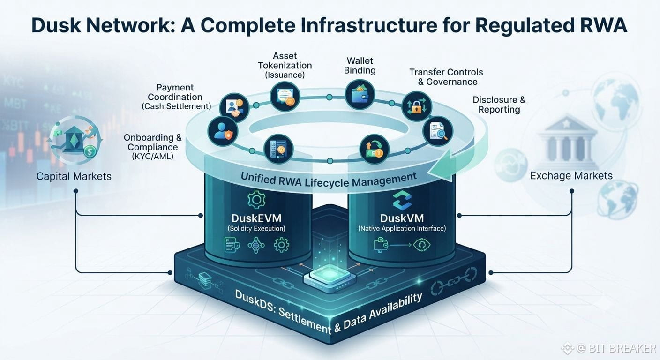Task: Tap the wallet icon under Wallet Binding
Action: click(x=360, y=94)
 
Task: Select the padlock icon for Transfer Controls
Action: click(x=417, y=106)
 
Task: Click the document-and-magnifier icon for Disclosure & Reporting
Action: click(x=438, y=131)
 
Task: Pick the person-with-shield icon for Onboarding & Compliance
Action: click(x=223, y=131)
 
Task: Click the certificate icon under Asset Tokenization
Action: click(x=285, y=97)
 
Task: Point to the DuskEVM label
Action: click(x=256, y=218)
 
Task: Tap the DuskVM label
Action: click(x=402, y=218)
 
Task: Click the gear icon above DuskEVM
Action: click(x=256, y=200)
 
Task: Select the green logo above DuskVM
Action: click(x=402, y=200)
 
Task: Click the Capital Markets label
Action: click(x=74, y=176)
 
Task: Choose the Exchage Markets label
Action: click(x=571, y=176)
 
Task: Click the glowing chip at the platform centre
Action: click(x=330, y=277)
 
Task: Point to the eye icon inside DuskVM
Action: click(x=421, y=245)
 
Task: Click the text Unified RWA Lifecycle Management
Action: click(x=329, y=180)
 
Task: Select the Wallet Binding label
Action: click(x=360, y=66)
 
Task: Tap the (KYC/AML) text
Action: click(x=153, y=157)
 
